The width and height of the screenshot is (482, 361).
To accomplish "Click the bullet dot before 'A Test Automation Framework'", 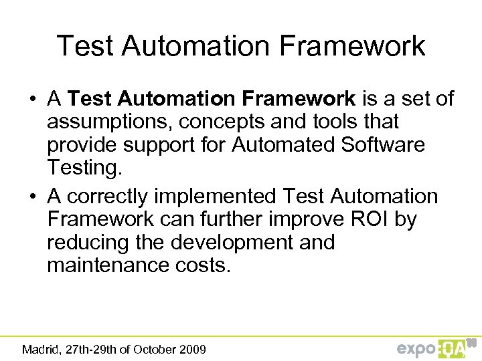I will pos(32,100).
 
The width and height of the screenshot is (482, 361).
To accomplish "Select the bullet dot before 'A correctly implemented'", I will pos(32,197).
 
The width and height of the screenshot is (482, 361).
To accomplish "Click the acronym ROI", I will pos(369,220).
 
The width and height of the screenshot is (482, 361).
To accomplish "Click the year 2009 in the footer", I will pos(193,349).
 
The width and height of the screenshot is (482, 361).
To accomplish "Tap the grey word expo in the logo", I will pos(416,348).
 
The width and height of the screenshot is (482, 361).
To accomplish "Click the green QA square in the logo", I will pos(453,348).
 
